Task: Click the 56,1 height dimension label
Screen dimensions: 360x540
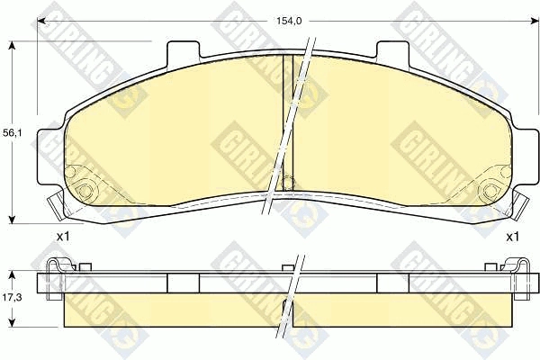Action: pyautogui.click(x=12, y=132)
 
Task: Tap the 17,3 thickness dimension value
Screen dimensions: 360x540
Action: pyautogui.click(x=12, y=296)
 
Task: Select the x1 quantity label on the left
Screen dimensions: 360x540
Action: pyautogui.click(x=63, y=237)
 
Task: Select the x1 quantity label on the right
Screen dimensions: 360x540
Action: pyautogui.click(x=512, y=237)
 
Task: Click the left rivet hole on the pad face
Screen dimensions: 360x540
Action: pyautogui.click(x=87, y=191)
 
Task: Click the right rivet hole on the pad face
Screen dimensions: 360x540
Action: pyautogui.click(x=489, y=191)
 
